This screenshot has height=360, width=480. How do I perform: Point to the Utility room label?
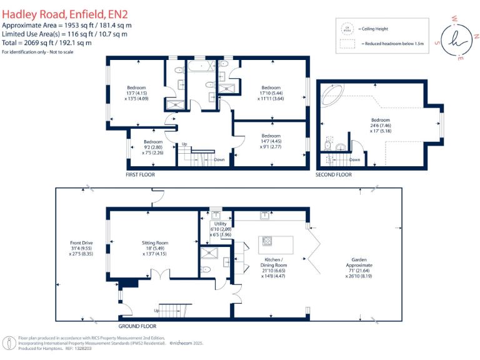220,229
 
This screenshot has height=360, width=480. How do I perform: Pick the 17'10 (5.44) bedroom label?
271,92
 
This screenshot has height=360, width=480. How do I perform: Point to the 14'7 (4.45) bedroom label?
271,141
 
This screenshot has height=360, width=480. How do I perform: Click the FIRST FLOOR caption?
140,175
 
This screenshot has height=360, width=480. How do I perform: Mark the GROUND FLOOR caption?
137,326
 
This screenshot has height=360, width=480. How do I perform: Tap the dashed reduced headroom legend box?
347,44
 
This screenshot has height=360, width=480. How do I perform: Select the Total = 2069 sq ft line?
47,42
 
